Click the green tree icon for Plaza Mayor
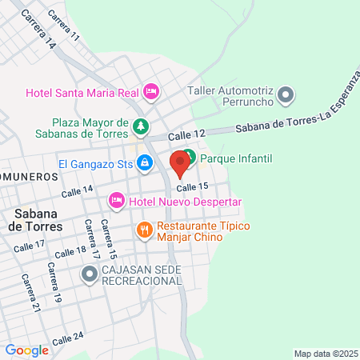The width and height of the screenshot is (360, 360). [x=141, y=126]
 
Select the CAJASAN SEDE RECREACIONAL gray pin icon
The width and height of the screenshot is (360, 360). [x=89, y=274]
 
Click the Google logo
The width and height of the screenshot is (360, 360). [x=26, y=350]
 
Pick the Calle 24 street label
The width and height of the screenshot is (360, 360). [x=67, y=340]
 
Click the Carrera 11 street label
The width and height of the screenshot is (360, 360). [x=64, y=26]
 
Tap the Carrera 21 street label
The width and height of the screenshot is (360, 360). [x=30, y=293]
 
